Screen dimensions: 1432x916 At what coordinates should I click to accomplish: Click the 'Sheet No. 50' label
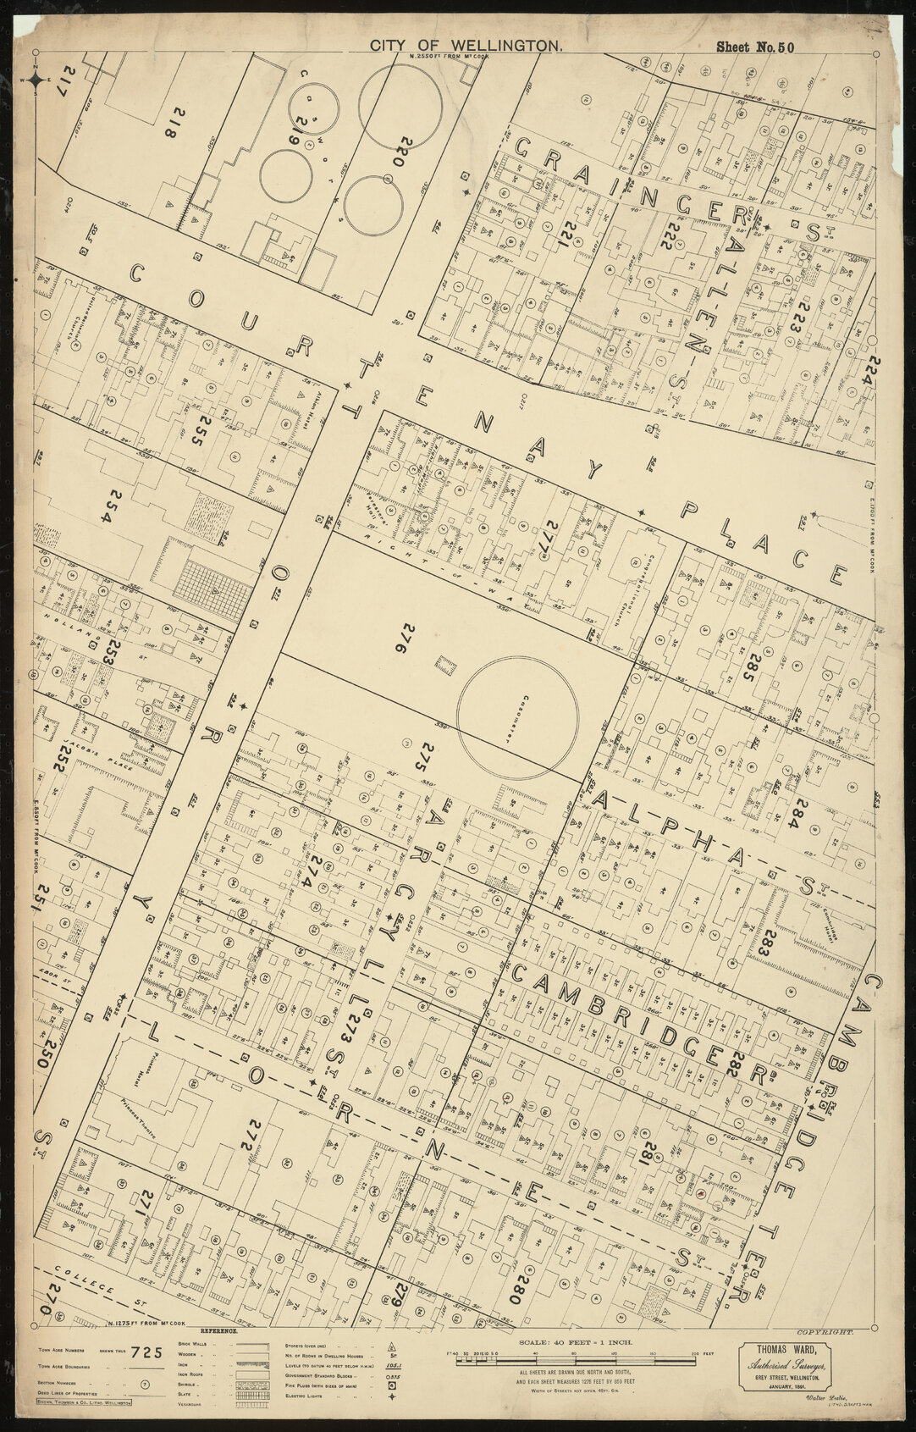click(755, 47)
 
